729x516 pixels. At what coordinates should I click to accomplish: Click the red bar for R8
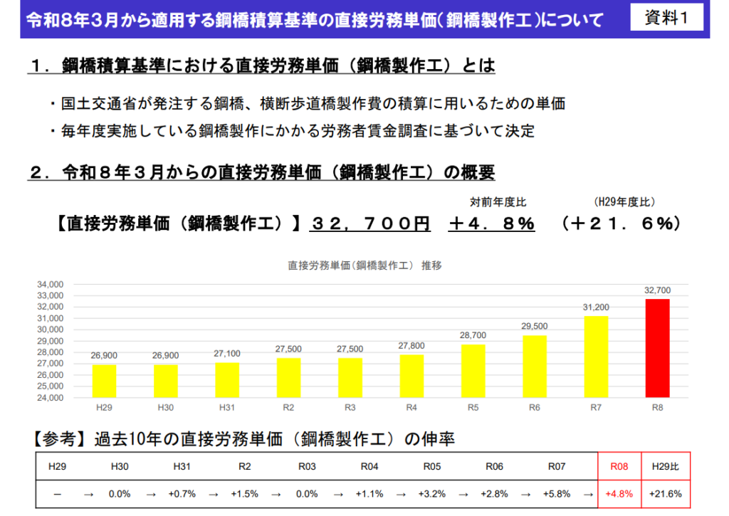(x=657, y=348)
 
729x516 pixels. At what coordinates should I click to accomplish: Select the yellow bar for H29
(x=104, y=381)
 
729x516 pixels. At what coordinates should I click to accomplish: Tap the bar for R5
(x=473, y=371)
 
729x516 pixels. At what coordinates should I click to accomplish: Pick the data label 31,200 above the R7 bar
(x=596, y=307)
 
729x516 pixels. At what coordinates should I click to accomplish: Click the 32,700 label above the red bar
(x=657, y=290)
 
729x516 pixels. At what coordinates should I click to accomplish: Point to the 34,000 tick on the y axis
(x=51, y=284)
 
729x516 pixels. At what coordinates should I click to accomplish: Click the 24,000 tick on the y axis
(x=51, y=398)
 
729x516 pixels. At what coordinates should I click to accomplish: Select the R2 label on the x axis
(x=288, y=408)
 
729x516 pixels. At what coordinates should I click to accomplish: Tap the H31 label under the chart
(x=227, y=408)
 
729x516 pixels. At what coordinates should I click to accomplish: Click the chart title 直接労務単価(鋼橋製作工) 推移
(x=364, y=265)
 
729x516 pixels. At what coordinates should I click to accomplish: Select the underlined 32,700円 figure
(x=370, y=223)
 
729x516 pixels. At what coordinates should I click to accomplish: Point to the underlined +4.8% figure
(x=491, y=223)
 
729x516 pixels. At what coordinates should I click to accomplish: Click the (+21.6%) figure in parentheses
(x=621, y=223)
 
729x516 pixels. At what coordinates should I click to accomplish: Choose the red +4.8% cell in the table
(x=619, y=493)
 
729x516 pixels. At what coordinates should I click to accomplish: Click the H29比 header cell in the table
(x=666, y=467)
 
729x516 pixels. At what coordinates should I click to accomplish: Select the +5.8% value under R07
(x=556, y=493)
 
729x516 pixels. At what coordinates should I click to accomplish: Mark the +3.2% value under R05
(x=432, y=493)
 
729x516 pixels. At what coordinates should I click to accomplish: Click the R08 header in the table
(x=619, y=467)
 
